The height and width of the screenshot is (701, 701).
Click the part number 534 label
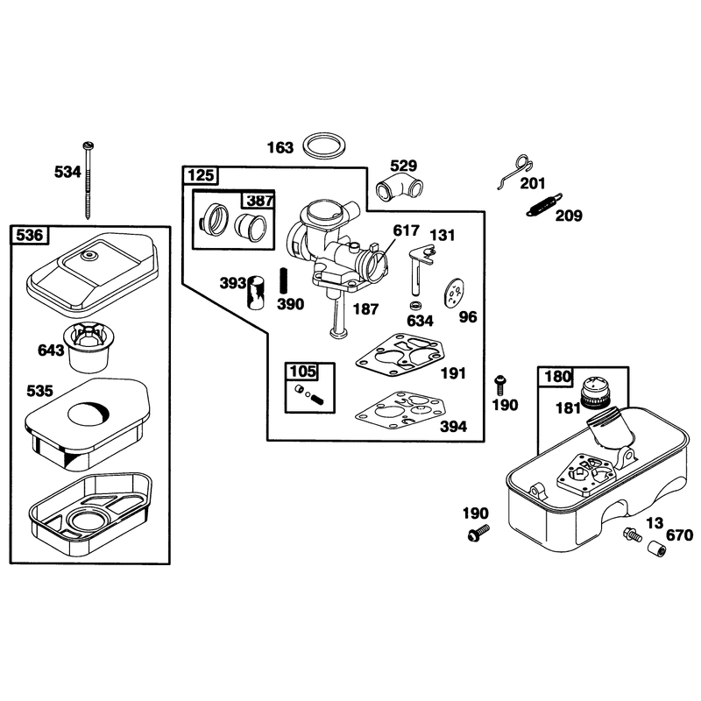coord(67,172)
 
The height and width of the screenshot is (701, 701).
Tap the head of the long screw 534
coord(89,145)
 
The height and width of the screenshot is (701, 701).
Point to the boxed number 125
coord(201,175)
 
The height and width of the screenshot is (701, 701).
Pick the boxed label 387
coord(258,201)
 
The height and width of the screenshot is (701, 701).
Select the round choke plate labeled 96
coord(455,293)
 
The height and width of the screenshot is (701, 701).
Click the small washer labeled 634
coord(415,305)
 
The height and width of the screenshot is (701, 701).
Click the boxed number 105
coord(302,372)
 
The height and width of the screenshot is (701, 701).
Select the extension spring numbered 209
coord(543,205)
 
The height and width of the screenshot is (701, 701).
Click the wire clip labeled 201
coord(515,172)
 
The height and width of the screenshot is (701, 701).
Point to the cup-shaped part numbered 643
coord(89,347)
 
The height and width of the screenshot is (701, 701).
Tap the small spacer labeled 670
coord(656,549)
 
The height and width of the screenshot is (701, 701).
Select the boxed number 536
coord(30,235)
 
